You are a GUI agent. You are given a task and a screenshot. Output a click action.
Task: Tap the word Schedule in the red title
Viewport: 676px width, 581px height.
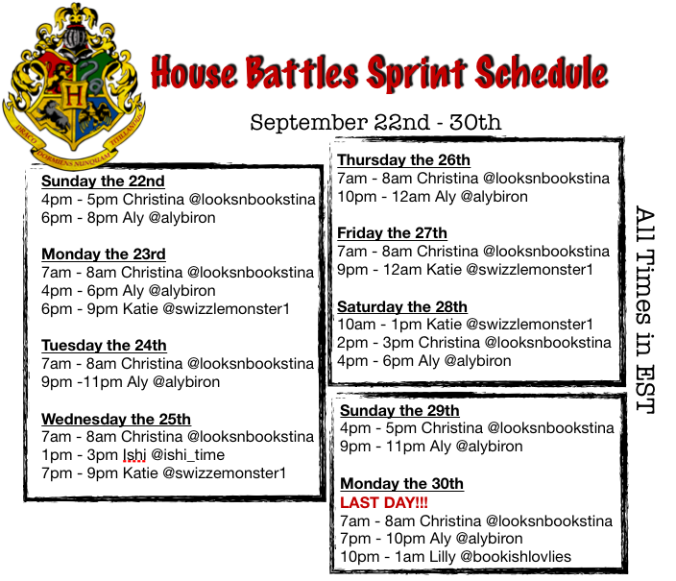[542, 72]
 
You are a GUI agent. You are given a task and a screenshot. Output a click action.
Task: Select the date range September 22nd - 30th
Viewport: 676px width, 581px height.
[375, 122]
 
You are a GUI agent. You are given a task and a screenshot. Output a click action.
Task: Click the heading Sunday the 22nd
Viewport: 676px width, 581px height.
[103, 182]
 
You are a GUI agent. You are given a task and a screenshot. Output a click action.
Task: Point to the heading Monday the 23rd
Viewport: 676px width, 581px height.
[104, 254]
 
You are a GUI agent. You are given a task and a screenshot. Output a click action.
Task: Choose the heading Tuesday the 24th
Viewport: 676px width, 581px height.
[104, 345]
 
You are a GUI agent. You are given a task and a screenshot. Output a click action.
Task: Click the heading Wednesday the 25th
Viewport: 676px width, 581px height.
[116, 419]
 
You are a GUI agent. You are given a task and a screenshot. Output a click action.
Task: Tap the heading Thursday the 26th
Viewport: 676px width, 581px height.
[403, 159]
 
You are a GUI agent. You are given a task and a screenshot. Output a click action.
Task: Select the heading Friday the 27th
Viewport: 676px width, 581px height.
[392, 233]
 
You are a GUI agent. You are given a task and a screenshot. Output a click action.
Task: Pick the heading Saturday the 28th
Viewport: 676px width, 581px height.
[402, 306]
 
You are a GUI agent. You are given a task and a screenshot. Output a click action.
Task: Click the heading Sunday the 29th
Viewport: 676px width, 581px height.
[399, 411]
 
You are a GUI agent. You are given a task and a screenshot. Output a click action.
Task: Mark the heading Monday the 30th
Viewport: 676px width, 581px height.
[401, 483]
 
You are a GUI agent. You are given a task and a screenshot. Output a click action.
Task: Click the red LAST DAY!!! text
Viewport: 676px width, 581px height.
[384, 502]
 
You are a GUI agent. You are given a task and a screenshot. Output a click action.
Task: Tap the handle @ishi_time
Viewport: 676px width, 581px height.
[188, 455]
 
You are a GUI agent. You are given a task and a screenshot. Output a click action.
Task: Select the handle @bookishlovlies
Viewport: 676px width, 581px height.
[516, 557]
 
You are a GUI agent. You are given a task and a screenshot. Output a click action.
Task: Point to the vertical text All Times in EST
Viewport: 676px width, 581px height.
[645, 309]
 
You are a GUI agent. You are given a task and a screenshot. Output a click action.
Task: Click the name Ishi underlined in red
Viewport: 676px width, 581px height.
[134, 455]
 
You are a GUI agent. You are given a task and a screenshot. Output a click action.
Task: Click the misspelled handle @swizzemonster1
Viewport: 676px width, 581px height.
[224, 473]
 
